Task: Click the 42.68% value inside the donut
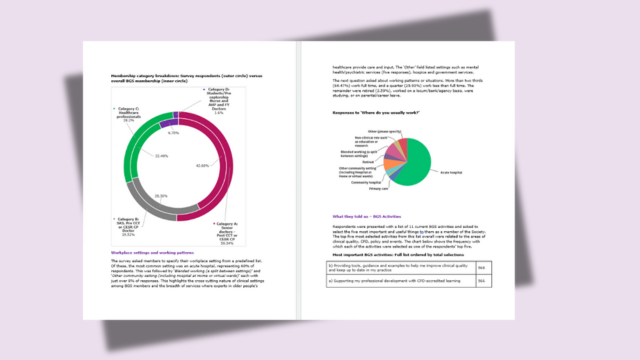(x=202, y=165)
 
